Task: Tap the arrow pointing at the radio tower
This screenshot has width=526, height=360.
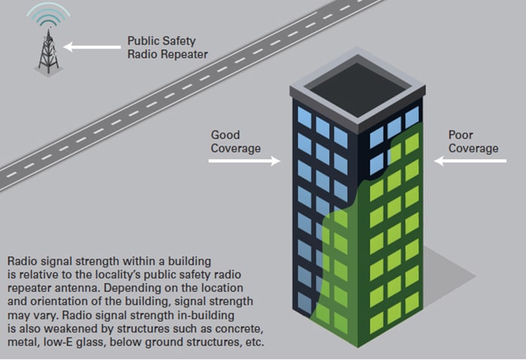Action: [x=91, y=47]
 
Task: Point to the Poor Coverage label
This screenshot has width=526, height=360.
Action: [x=473, y=142]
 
